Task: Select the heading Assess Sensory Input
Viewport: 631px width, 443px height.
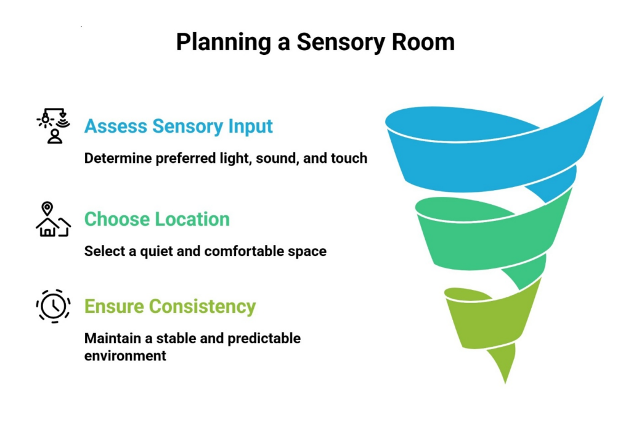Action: coord(178,126)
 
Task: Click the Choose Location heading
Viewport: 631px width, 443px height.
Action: coord(157,219)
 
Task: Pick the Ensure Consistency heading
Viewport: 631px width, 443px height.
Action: coord(169,307)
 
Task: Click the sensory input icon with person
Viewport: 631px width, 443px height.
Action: coord(54,126)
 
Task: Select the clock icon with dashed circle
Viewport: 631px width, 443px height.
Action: coord(53,306)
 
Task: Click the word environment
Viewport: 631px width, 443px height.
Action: coord(125,356)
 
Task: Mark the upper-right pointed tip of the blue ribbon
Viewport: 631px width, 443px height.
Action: coord(600,99)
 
